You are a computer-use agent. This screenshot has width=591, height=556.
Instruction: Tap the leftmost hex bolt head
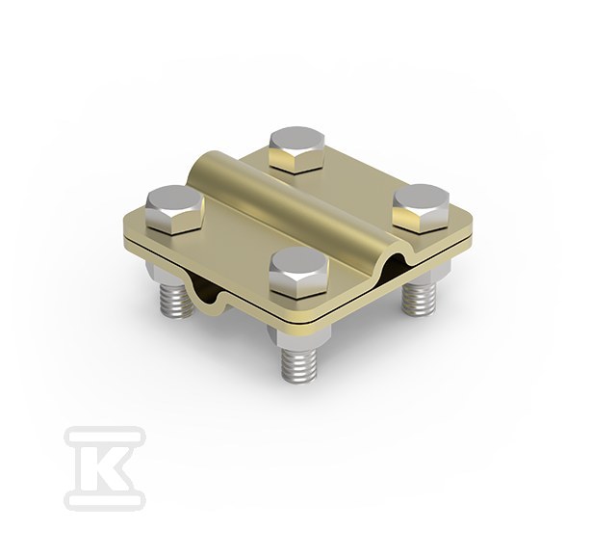pyautogui.click(x=173, y=210)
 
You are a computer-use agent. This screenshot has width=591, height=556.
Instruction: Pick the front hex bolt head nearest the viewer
pyautogui.click(x=299, y=273)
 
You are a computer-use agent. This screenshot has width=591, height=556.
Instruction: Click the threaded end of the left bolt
pyautogui.click(x=177, y=296)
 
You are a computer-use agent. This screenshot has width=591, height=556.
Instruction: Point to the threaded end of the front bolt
pyautogui.click(x=297, y=363)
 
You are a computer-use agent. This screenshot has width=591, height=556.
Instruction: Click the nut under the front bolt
pyautogui.click(x=297, y=333)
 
